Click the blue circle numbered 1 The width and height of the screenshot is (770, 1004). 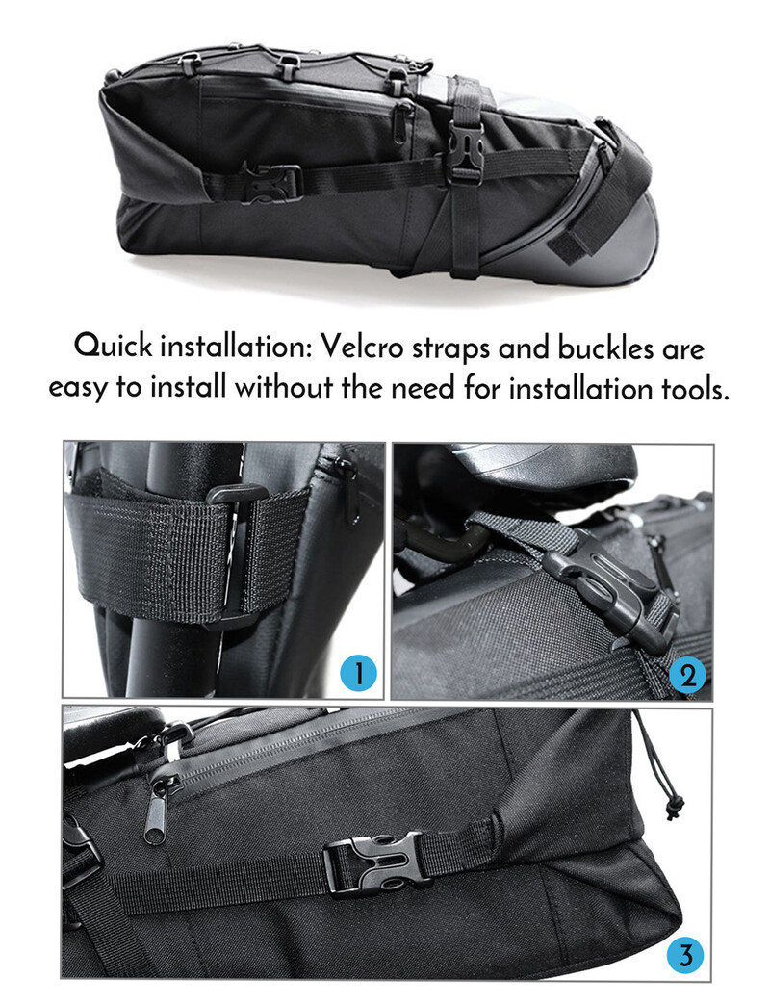click(358, 673)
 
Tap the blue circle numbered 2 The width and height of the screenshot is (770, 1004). click(687, 676)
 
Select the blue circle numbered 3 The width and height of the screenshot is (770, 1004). click(685, 957)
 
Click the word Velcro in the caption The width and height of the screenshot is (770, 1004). click(363, 348)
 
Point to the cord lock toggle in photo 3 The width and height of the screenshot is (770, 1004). click(674, 807)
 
